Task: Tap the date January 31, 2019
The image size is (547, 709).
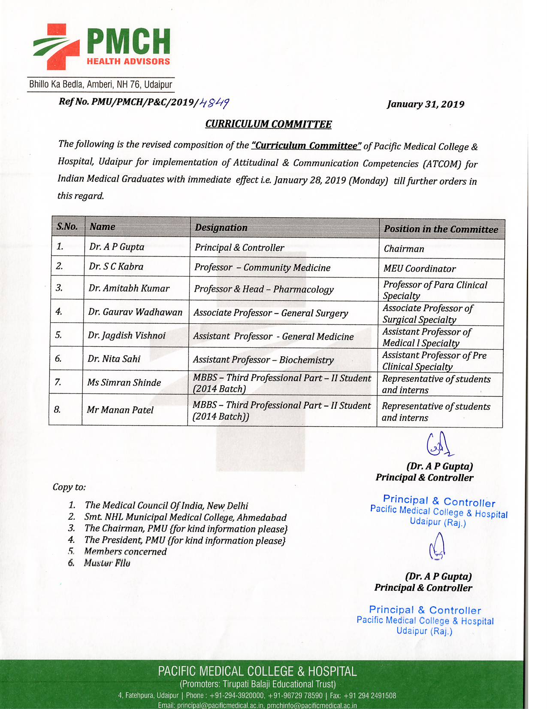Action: point(425,104)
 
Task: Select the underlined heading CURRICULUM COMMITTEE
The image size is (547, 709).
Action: point(268,124)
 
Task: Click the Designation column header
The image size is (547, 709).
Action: point(221,228)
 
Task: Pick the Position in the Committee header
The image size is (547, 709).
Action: point(441,229)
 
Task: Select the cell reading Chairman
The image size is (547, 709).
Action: point(404,249)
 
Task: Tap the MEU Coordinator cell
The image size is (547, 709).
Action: point(419,269)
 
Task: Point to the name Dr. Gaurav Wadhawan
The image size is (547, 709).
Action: point(135,312)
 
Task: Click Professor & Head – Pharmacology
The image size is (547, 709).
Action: point(263,289)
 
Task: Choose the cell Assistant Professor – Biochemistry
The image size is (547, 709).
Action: point(263,360)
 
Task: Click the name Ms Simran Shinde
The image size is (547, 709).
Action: point(124,382)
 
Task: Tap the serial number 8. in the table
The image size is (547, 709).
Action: point(57,410)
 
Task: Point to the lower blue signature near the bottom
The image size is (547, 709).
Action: point(437,547)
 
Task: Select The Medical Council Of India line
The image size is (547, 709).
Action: point(166,506)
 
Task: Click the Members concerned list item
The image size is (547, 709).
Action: point(125,552)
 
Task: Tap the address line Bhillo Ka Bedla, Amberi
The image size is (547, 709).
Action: point(100,84)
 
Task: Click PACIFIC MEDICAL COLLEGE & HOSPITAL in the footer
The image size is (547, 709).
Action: point(257,671)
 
